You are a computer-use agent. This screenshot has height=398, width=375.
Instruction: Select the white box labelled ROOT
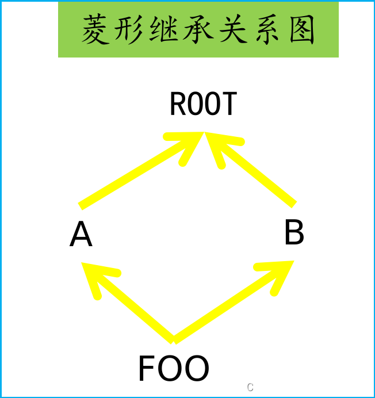(204, 104)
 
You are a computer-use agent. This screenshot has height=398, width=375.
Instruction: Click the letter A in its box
(81, 235)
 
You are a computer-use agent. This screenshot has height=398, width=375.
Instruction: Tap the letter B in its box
(294, 234)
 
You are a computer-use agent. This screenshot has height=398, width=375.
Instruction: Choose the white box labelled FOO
(173, 369)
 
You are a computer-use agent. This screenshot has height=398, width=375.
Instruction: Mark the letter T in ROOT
(229, 104)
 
